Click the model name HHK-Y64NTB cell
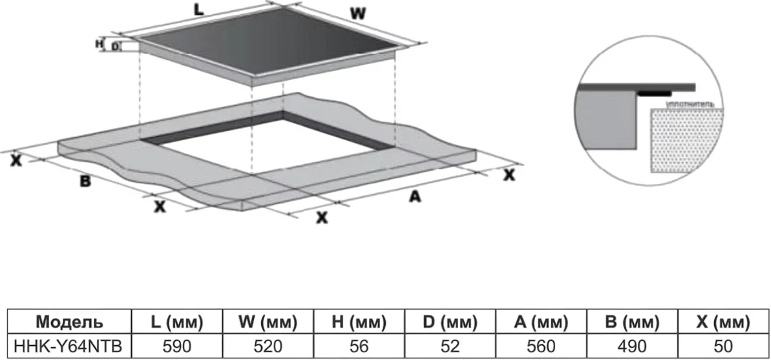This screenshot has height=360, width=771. coord(68,346)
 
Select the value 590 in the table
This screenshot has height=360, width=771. coord(176,346)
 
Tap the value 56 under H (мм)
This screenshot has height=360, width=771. coord(359,346)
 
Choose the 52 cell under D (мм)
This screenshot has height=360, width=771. coord(450,346)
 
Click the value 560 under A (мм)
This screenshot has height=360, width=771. coord(541,346)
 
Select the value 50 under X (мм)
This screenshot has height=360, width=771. coord(723,346)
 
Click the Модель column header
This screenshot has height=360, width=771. coord(68,322)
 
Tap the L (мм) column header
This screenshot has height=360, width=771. coord(176,322)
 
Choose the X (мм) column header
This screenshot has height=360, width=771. coord(723,322)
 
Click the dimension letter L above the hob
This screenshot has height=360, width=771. coord(200,10)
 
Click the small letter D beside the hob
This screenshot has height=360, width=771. coord(115,47)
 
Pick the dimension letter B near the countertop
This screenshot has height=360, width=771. coord(85,182)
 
